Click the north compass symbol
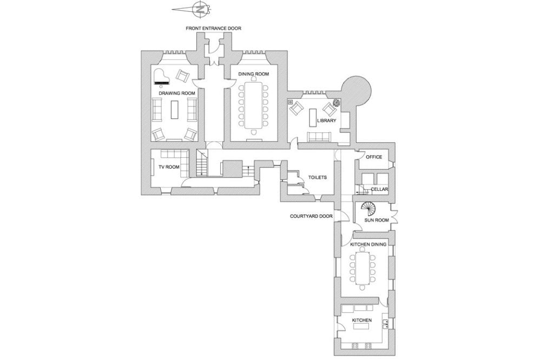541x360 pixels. [200, 9]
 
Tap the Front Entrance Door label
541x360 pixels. [214, 28]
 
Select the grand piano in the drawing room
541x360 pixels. [162, 77]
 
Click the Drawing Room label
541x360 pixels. [177, 94]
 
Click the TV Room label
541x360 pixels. [169, 167]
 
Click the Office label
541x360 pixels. [374, 157]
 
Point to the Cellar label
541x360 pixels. [379, 189]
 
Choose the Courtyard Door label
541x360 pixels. [309, 216]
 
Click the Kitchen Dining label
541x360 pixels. [368, 245]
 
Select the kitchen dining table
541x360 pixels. [361, 269]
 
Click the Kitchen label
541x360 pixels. [361, 321]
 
